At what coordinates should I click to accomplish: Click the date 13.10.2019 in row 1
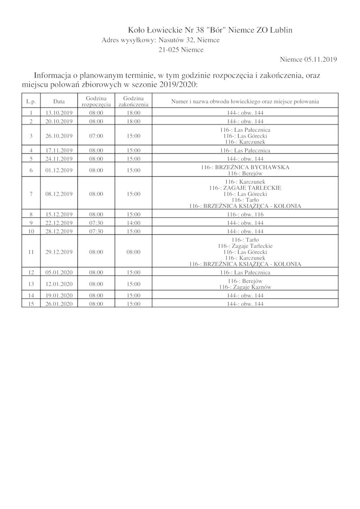(59, 112)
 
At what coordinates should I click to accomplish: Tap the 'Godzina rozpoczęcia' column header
(96, 101)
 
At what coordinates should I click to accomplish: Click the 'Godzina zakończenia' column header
(133, 101)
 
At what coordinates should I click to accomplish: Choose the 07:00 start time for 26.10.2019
(96, 136)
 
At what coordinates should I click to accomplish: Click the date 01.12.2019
(59, 170)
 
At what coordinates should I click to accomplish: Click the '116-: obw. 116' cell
(245, 215)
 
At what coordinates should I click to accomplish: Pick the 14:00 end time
(133, 223)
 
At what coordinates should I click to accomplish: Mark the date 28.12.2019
(59, 232)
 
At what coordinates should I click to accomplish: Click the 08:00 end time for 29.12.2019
(133, 252)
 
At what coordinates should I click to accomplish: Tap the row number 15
(31, 304)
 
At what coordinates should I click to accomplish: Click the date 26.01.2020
(59, 304)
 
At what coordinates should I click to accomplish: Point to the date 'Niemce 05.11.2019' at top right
(308, 59)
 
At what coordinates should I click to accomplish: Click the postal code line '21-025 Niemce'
(180, 50)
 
